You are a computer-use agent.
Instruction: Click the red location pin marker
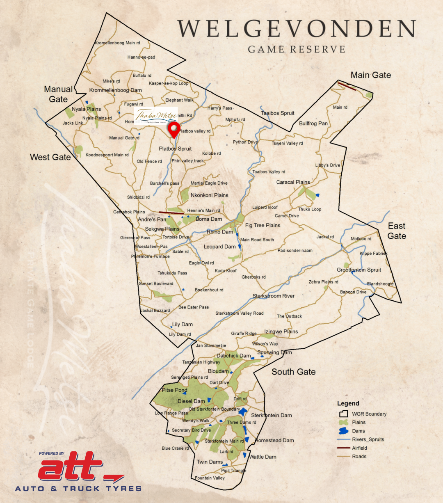175,129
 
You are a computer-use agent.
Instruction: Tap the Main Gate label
370,75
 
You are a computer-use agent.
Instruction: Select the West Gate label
50,157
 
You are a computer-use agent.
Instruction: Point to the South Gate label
293,372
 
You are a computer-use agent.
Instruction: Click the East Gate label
397,231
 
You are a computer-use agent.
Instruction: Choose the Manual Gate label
58,94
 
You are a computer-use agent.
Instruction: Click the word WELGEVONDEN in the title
296,29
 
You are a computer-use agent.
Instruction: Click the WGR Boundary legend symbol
343,414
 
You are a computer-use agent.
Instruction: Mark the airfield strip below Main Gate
347,86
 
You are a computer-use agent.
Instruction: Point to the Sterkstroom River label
273,296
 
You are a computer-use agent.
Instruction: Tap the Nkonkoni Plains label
209,195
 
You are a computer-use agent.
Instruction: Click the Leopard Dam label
219,247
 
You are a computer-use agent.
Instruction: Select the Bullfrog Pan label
313,123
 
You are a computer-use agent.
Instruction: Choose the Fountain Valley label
210,478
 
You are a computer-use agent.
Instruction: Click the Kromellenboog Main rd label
117,43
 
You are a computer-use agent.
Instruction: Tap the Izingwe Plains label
281,332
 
